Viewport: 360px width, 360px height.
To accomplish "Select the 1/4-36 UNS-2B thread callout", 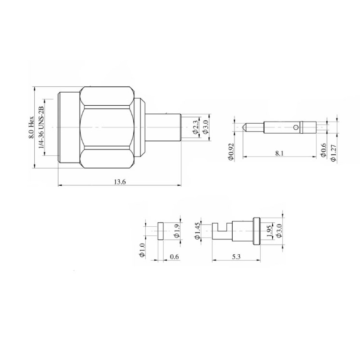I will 41,128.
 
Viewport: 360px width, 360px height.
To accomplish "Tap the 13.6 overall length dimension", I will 119,181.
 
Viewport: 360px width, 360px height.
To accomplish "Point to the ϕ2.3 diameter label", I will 195,128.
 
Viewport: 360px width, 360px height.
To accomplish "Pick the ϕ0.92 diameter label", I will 231,152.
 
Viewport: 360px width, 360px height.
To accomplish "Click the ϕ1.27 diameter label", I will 333,153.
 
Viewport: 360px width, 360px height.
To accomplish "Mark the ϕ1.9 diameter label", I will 176,230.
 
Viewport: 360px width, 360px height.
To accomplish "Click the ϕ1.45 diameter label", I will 197,230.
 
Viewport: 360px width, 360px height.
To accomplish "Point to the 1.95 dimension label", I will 269,230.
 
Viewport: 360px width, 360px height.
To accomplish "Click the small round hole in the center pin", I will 295,128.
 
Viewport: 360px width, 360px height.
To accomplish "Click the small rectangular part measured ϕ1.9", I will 160,230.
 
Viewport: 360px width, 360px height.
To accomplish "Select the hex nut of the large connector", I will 107,128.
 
